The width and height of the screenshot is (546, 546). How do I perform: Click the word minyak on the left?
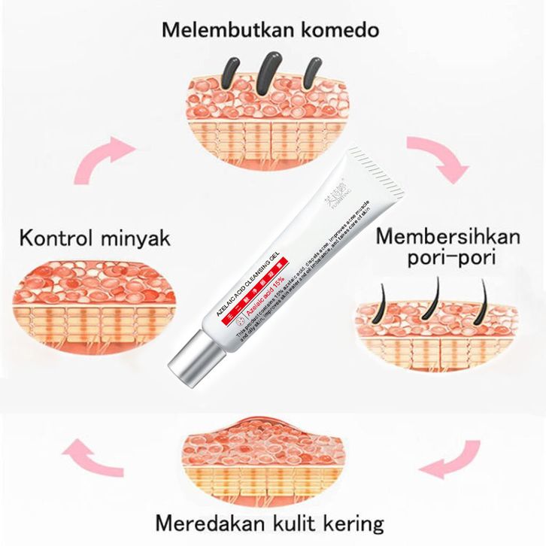coord(135,240)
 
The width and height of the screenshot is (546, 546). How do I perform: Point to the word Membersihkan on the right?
coord(448,236)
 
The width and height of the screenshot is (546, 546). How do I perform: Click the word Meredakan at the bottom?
coord(208,522)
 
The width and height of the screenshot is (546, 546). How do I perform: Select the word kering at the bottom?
coord(352,522)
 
